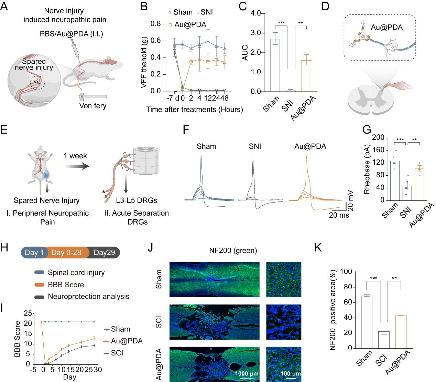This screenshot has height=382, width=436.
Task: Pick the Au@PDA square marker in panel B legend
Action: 171,25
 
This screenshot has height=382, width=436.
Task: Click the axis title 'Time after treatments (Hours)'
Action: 195,110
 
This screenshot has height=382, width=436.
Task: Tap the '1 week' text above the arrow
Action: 75,156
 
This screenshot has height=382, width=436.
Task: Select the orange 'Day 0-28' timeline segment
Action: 66,252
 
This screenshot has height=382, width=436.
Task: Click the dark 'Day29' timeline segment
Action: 105,252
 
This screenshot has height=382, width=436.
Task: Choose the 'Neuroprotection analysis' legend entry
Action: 89,297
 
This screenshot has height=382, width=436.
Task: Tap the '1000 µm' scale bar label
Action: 247,374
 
